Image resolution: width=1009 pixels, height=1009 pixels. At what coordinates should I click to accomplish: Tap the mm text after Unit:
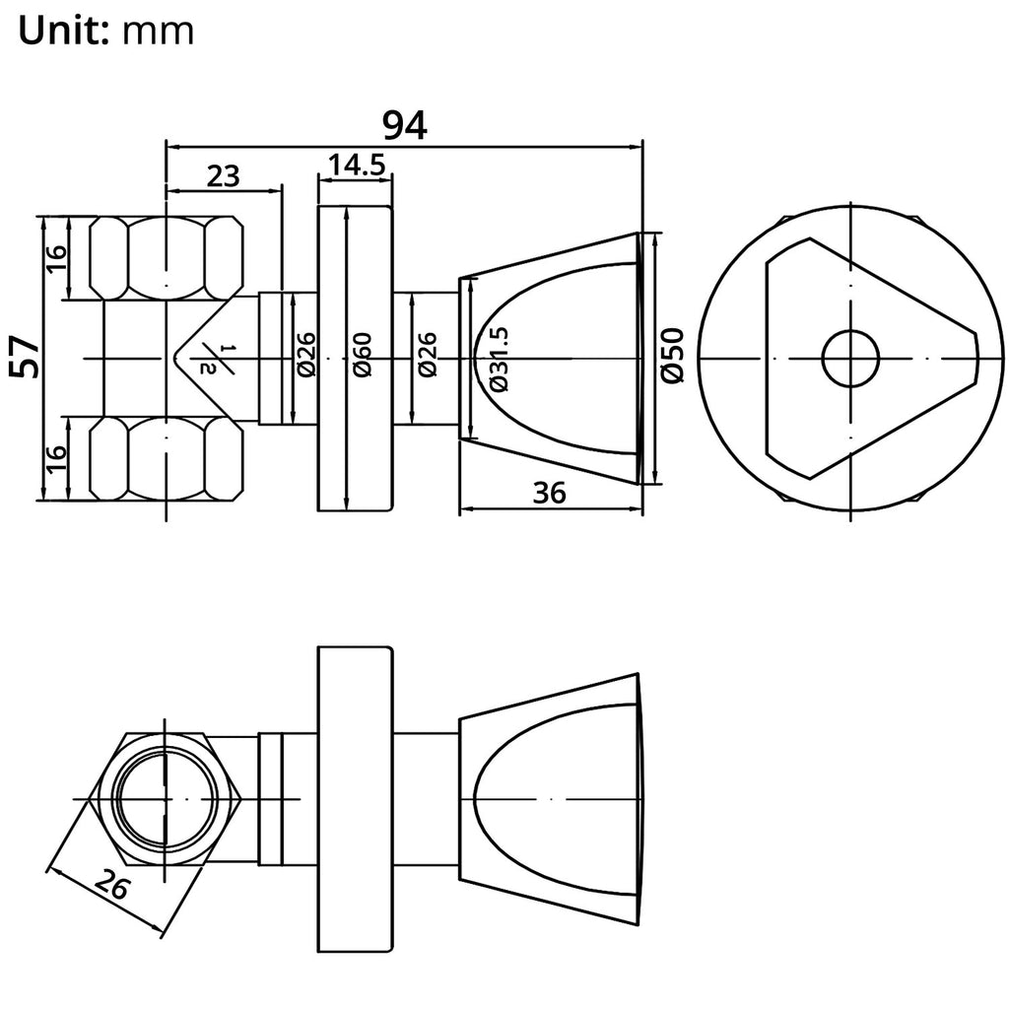(x=159, y=32)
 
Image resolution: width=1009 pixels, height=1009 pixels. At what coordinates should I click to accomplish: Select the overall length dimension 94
(x=404, y=125)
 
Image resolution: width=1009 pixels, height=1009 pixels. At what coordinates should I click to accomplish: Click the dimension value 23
(x=223, y=175)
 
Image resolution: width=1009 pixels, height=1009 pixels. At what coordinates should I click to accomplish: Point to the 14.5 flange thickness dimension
(x=356, y=165)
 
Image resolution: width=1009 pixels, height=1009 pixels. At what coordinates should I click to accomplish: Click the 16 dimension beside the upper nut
(x=56, y=257)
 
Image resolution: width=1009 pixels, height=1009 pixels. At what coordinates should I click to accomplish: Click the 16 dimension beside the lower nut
(x=56, y=456)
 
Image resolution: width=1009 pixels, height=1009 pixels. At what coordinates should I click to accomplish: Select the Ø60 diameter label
(x=362, y=356)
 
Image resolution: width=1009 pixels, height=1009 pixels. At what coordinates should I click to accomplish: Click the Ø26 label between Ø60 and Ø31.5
(x=427, y=356)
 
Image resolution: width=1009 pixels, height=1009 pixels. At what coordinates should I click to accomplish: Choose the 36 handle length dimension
(x=550, y=493)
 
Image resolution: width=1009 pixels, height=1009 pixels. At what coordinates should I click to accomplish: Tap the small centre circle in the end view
(x=850, y=358)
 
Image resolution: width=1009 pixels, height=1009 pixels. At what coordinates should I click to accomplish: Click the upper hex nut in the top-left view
(x=166, y=257)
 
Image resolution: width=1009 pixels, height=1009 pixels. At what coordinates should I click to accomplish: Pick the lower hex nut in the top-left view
(x=166, y=457)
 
